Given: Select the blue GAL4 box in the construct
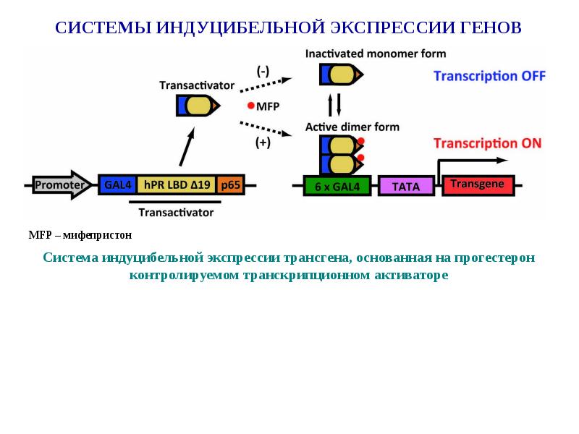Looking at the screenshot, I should pyautogui.click(x=117, y=185).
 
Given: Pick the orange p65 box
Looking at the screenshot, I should pyautogui.click(x=231, y=185).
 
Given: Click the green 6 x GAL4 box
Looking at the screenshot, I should pyautogui.click(x=337, y=186).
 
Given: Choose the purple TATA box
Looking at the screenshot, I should pyautogui.click(x=406, y=186).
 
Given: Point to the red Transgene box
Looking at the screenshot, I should pyautogui.click(x=477, y=185).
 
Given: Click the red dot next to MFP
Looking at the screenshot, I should pyautogui.click(x=250, y=106).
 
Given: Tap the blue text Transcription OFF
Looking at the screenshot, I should pyautogui.click(x=489, y=76).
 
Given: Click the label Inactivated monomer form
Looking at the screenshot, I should pyautogui.click(x=375, y=54).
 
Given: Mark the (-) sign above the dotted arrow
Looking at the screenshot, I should pyautogui.click(x=263, y=70).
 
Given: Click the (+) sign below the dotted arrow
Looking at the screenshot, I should pyautogui.click(x=263, y=143).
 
